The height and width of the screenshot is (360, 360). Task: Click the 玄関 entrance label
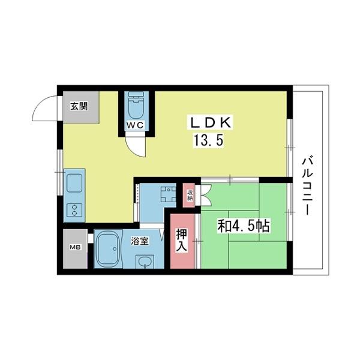[x=79, y=106]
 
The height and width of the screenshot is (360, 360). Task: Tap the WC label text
[x=136, y=125]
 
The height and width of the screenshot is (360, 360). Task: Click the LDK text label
[x=209, y=122]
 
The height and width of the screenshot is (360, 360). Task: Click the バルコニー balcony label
[x=307, y=185]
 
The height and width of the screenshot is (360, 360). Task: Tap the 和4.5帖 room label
[x=244, y=226]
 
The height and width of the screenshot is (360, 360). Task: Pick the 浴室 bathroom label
[x=140, y=241]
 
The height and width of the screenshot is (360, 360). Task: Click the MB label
[x=75, y=247]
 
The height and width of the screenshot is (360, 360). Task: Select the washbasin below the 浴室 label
[x=145, y=262]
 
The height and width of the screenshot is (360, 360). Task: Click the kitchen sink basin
[x=74, y=183]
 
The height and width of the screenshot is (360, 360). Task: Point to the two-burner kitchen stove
[x=74, y=210]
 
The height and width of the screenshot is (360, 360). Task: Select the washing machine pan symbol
[x=169, y=194]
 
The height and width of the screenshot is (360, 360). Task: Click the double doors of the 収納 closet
[x=206, y=195]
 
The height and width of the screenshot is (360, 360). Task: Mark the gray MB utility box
[x=76, y=248]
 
